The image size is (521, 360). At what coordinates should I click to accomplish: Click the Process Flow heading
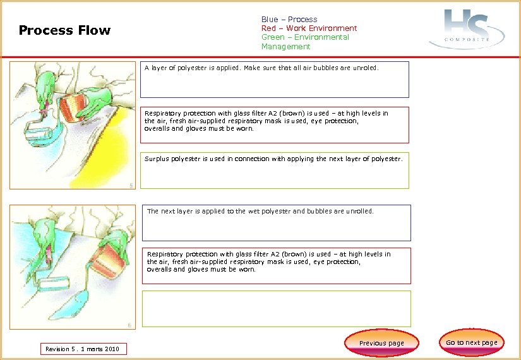tap(64, 30)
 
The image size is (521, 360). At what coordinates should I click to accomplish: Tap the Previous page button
tap(381, 343)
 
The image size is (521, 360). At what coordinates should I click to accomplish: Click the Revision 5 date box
tap(83, 349)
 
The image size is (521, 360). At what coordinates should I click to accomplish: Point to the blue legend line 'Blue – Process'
tap(289, 20)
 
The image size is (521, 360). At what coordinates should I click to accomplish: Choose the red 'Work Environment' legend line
tap(309, 28)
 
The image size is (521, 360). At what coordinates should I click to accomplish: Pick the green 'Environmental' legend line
tap(305, 37)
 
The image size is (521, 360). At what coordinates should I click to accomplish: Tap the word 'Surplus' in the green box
tap(157, 159)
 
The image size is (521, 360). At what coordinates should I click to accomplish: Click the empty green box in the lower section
tap(276, 308)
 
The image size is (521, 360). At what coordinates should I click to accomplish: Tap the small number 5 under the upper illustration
tap(131, 185)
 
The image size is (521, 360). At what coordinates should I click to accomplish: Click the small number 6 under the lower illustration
tap(129, 326)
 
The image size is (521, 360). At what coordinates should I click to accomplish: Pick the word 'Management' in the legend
tap(286, 47)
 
